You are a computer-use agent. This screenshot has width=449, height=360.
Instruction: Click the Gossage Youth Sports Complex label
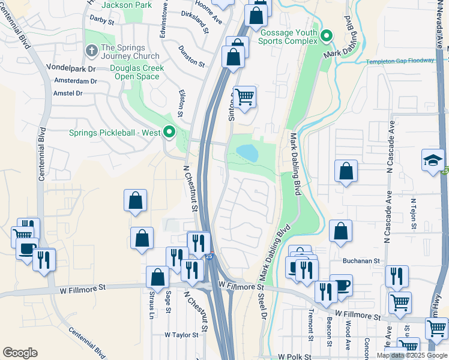pyautogui.click(x=288, y=36)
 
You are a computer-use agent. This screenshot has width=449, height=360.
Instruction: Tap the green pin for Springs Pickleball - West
pyautogui.click(x=169, y=132)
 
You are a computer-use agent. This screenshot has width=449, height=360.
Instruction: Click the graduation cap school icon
pyautogui.click(x=433, y=160)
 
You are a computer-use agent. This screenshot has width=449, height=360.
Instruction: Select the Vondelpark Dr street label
pyautogui.click(x=75, y=69)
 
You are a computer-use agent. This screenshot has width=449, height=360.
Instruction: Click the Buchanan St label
pyautogui.click(x=362, y=262)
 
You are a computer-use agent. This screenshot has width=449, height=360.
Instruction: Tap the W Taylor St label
pyautogui.click(x=181, y=335)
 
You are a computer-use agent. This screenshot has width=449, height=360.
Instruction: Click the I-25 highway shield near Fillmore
pyautogui.click(x=209, y=256)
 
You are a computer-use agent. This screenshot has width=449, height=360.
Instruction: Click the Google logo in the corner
pyautogui.click(x=20, y=353)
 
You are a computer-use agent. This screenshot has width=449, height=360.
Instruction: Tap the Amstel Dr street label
pyautogui.click(x=68, y=93)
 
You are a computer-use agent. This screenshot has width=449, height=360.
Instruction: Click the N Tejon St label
pyautogui.click(x=413, y=215)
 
